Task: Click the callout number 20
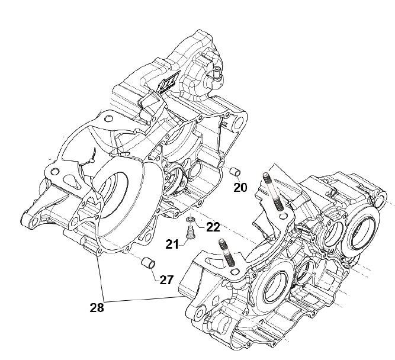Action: click(240, 188)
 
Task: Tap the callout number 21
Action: click(172, 245)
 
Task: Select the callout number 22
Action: click(213, 227)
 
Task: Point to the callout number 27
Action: click(166, 280)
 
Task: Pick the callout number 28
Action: click(97, 308)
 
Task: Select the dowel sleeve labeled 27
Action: click(148, 263)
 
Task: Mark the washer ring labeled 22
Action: click(191, 220)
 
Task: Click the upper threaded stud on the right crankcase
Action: click(273, 191)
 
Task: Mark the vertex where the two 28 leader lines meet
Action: click(105, 301)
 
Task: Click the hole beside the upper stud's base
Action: click(284, 216)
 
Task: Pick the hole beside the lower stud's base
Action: click(236, 272)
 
